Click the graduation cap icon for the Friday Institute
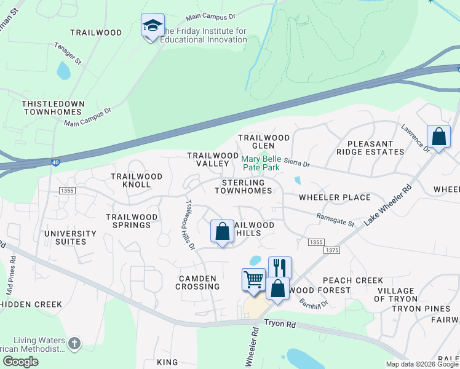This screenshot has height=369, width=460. point(153,26)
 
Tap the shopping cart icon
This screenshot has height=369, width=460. point(253,280)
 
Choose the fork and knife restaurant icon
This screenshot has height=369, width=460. point(280,268)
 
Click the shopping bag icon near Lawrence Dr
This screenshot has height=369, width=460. point(439,136)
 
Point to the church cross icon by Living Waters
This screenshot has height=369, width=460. point(74,343)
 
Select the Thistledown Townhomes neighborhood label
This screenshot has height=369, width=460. point(52,108)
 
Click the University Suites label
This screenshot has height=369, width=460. point(70,237)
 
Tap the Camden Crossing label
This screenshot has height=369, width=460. point(197,282)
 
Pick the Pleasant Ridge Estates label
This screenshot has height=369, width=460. point(371,147)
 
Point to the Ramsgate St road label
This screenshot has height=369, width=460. point(336,219)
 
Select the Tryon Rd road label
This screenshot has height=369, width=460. point(282,322)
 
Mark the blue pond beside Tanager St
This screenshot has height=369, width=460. point(63,71)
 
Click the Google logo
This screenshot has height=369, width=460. point(20,362)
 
